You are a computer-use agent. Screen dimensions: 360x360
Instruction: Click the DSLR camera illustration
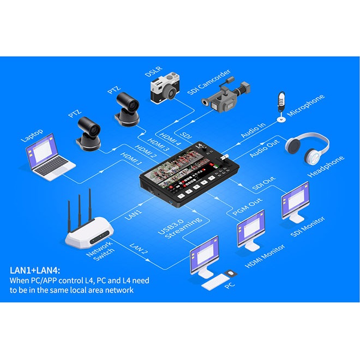coord(165,88)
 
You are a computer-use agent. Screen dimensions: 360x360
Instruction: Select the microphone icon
coord(281,106)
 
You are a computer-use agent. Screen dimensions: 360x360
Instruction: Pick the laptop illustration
coord(50,157)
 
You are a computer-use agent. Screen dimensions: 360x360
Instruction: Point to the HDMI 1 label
coord(131,159)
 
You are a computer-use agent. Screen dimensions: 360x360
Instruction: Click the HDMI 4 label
coord(170,139)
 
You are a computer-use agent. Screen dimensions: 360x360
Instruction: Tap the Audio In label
coord(253,130)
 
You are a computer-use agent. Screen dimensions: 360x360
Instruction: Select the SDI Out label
coord(264,183)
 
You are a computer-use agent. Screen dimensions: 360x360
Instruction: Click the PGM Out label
coord(248,207)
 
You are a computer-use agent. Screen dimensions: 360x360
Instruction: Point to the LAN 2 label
coord(139,248)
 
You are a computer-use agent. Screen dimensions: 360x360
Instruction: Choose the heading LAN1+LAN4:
coord(35,270)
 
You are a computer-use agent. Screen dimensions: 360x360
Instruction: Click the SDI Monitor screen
coord(296,200)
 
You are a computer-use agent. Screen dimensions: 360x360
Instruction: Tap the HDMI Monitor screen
coord(251,228)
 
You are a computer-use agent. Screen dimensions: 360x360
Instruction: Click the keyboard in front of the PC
coord(214,281)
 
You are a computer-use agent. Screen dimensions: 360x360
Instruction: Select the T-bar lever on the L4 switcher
coord(224,159)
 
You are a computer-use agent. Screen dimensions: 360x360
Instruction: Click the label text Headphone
coord(326,167)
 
